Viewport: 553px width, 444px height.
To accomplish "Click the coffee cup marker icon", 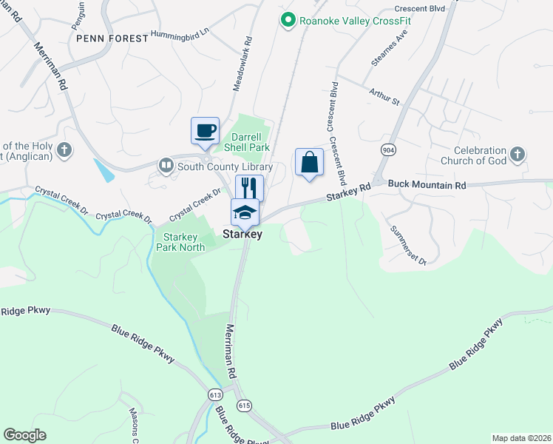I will pos(205,131).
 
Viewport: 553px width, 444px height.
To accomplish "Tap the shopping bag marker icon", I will pos(309,162).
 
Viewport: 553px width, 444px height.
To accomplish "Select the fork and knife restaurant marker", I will pos(249,186).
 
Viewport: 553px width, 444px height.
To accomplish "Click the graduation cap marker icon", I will pos(245,212).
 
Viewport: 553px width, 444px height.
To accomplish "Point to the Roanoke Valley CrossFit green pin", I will pos(288,21).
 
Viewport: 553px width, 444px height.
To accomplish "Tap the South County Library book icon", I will pos(167,166).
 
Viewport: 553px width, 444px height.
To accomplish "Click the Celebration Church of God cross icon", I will pos(518,154).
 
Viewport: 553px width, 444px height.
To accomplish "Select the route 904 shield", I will pos(387,150).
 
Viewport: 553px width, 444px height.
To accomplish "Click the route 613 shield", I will pos(215,395).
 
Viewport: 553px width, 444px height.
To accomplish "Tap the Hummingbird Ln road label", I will pos(180,33).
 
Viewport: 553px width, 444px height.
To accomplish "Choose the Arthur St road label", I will pos(384,95).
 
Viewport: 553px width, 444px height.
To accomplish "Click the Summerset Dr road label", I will pos(408,245).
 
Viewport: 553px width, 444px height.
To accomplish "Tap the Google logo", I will pos(24,435).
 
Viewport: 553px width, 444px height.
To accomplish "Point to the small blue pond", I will pos(104,170).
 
